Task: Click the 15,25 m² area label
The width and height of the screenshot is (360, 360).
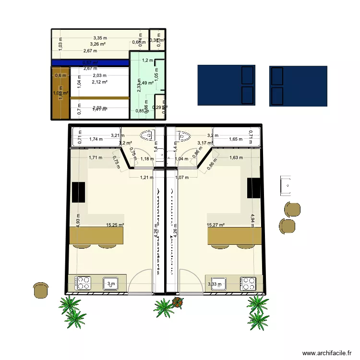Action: coord(115,225)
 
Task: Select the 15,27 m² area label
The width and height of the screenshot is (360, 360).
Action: coord(216,225)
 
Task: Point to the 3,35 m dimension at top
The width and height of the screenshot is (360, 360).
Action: coord(100,38)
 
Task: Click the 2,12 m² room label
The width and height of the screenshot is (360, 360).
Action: coord(100,82)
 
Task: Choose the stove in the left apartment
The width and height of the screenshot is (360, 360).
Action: coord(84,283)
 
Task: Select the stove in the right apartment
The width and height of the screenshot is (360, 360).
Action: coord(248,283)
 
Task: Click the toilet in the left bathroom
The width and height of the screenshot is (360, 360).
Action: coord(147,136)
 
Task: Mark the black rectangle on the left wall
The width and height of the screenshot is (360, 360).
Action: coord(78,192)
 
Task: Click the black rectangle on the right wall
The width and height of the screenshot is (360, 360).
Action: coord(252,188)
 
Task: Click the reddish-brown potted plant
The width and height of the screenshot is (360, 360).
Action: coord(178,302)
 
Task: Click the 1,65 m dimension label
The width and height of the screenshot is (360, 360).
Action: coord(236,140)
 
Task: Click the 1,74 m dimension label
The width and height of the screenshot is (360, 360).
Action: coord(96,140)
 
